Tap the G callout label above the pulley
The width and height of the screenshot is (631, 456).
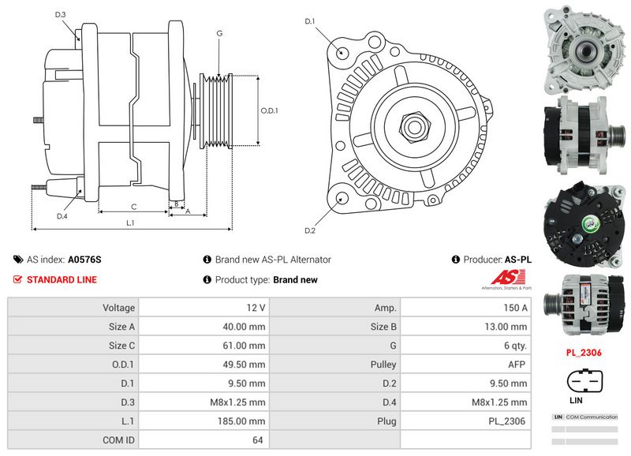[x=218, y=33]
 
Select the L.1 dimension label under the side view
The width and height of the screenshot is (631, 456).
[x=131, y=223]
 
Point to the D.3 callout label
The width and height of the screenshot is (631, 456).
[x=61, y=15]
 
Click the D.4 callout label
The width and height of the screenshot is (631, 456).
[x=62, y=215]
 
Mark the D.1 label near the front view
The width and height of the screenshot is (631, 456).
[x=310, y=21]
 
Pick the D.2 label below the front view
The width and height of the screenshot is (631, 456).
[x=310, y=230]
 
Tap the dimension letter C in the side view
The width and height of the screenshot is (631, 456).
[x=133, y=207]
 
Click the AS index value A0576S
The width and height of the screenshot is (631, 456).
[x=84, y=259]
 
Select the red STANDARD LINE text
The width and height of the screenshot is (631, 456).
[x=62, y=279]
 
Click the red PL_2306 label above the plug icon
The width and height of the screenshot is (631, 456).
[x=584, y=353]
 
